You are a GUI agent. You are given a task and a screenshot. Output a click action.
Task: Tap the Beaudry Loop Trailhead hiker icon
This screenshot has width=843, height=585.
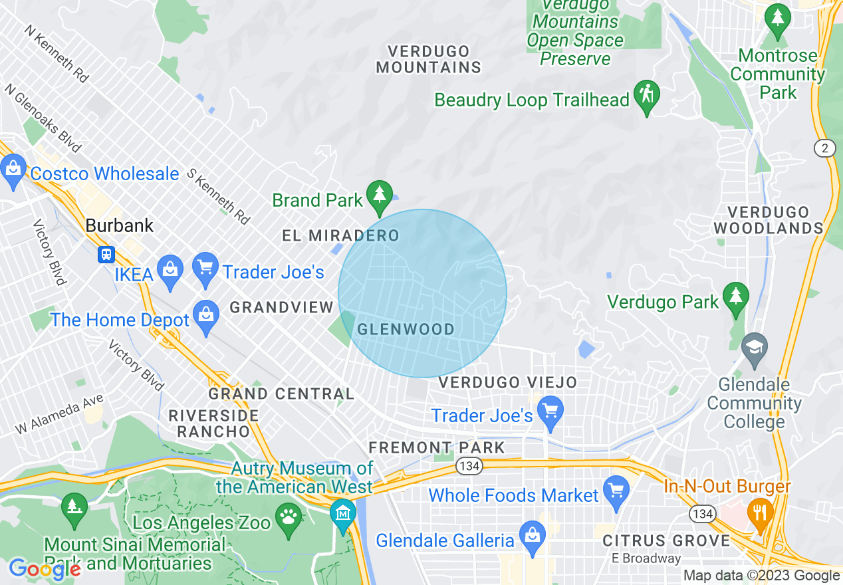point(647,96)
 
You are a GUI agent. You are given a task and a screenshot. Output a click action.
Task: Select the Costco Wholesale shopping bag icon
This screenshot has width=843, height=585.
point(13,170)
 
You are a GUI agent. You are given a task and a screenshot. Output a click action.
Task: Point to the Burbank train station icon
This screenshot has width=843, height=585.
point(106,254)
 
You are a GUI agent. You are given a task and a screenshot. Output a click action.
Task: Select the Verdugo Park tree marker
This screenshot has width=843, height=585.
point(735,298)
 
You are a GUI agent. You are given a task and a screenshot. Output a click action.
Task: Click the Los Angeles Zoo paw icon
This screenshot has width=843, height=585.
point(289,517)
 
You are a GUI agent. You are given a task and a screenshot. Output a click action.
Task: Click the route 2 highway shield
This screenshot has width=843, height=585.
point(825,148)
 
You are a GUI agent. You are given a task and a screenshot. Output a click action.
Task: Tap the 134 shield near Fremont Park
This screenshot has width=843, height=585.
point(469,466)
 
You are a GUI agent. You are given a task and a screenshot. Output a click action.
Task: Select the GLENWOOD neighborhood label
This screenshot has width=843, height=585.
point(406,329)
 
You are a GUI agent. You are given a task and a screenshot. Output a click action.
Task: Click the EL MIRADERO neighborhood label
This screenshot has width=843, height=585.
point(340,235)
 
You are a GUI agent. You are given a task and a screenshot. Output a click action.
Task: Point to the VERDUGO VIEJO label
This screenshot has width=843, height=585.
point(507,383)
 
